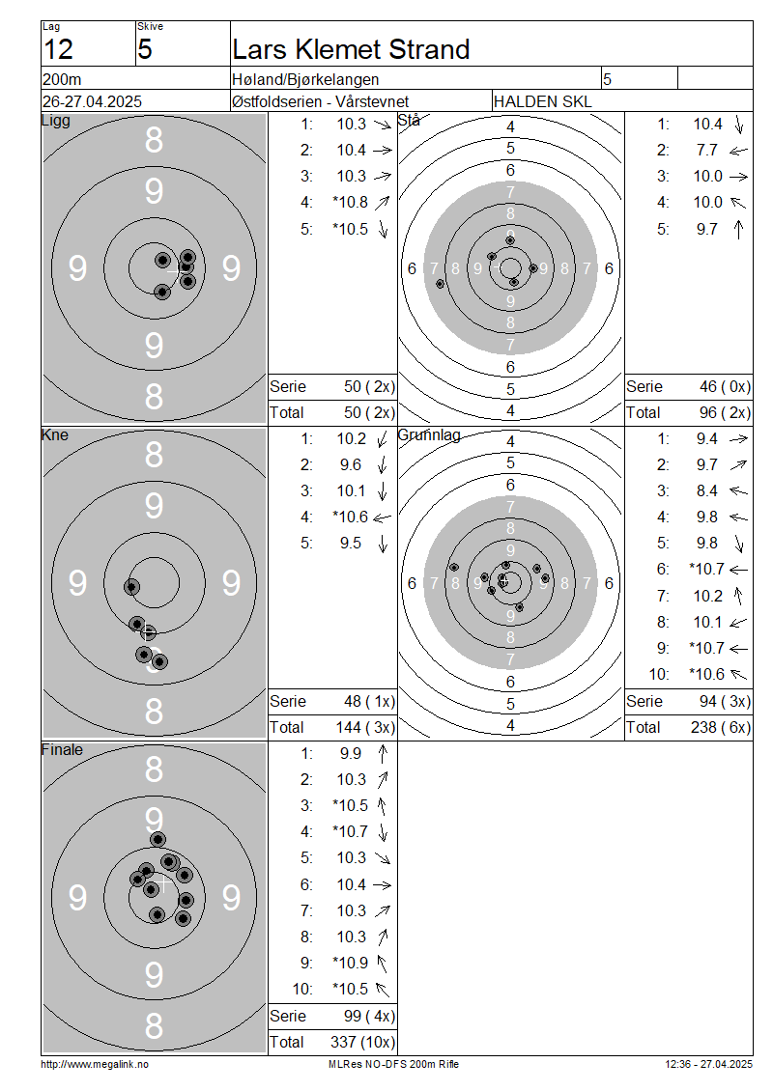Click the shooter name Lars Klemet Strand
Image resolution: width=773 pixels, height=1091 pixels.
[351, 49]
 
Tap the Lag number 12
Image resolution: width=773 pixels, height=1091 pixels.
[59, 50]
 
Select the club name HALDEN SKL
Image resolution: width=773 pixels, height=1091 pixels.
[542, 101]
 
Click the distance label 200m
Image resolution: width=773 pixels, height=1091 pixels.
[62, 79]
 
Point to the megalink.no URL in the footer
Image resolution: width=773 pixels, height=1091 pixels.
[95, 1064]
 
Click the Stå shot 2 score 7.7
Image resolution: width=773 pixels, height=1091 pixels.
[707, 151]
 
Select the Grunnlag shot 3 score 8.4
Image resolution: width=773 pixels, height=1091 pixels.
[707, 491]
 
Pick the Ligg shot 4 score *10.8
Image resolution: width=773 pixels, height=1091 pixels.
[351, 203]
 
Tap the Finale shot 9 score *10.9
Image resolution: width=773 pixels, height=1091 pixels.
[351, 963]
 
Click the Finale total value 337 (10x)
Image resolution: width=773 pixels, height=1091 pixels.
[362, 1043]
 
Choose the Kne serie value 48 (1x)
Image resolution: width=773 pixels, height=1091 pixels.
[369, 701]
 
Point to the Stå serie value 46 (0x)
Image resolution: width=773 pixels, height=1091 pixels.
[725, 387]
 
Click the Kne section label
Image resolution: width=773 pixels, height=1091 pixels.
[55, 434]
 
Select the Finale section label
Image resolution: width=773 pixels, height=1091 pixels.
[62, 749]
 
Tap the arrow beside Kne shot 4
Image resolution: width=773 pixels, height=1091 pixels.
[383, 518]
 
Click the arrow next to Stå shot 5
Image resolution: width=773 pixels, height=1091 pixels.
[739, 229]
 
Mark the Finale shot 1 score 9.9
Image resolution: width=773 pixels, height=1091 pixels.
[351, 753]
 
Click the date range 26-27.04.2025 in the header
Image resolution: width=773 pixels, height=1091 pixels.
[92, 101]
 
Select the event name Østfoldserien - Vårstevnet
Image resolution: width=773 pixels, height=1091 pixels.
[321, 101]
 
